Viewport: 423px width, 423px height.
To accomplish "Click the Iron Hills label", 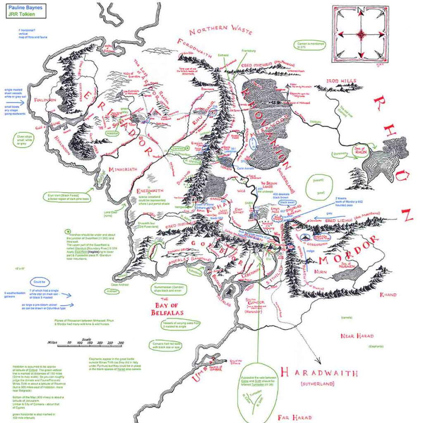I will pyautogui.click(x=341, y=81).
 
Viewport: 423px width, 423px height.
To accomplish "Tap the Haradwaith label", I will pyautogui.click(x=318, y=373).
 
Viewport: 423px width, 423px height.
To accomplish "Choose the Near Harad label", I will pyautogui.click(x=356, y=336).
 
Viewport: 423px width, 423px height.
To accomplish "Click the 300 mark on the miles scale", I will pyautogui.click(x=121, y=343).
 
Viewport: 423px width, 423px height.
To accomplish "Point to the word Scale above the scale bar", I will pyautogui.click(x=86, y=339).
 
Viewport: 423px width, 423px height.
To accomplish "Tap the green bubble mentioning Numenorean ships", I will pyautogui.click(x=169, y=289).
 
